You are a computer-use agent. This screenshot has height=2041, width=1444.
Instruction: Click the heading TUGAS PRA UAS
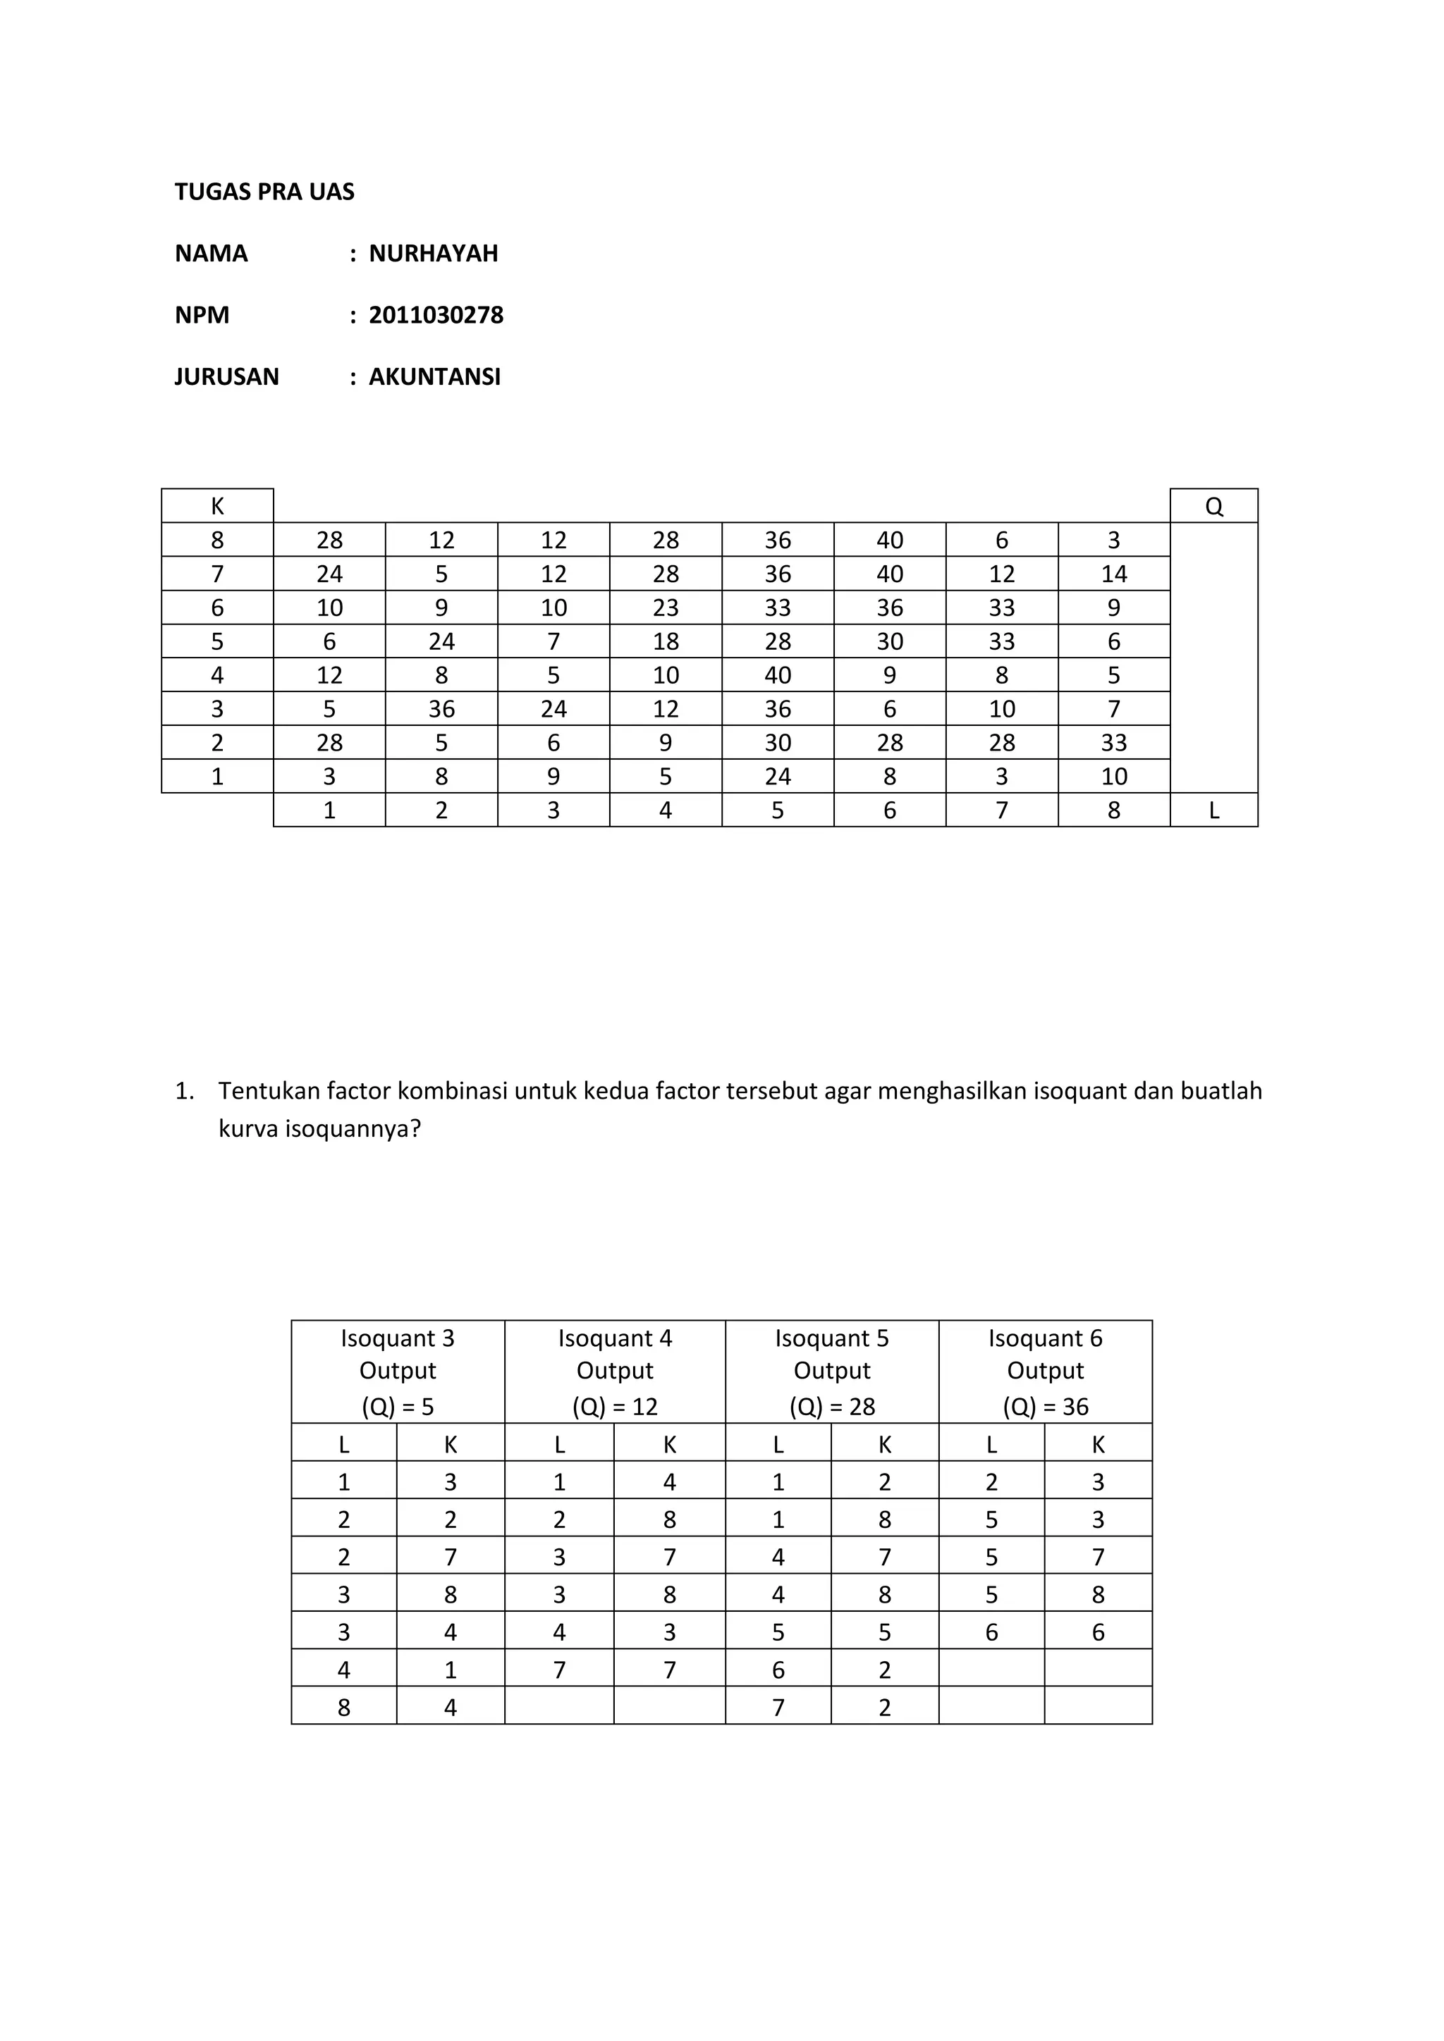tap(264, 192)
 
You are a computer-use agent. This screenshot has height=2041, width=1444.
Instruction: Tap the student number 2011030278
tap(436, 316)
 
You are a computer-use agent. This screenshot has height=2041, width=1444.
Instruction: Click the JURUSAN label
tap(227, 377)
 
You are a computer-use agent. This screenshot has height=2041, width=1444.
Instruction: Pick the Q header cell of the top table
tap(1213, 507)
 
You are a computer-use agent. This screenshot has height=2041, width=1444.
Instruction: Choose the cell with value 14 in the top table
tap(1113, 574)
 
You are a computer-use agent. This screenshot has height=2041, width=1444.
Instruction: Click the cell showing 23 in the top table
tap(665, 608)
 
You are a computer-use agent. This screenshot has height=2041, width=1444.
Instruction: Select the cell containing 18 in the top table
tap(665, 642)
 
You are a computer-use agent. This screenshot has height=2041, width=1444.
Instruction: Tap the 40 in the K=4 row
tap(777, 676)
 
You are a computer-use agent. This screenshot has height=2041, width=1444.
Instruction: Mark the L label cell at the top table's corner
tap(1213, 810)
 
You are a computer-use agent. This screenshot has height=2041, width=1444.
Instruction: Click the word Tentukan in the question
tap(269, 1091)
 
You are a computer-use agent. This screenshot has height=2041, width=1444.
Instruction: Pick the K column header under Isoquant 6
tap(1098, 1445)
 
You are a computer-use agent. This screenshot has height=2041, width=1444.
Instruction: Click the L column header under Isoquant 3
tap(344, 1445)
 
